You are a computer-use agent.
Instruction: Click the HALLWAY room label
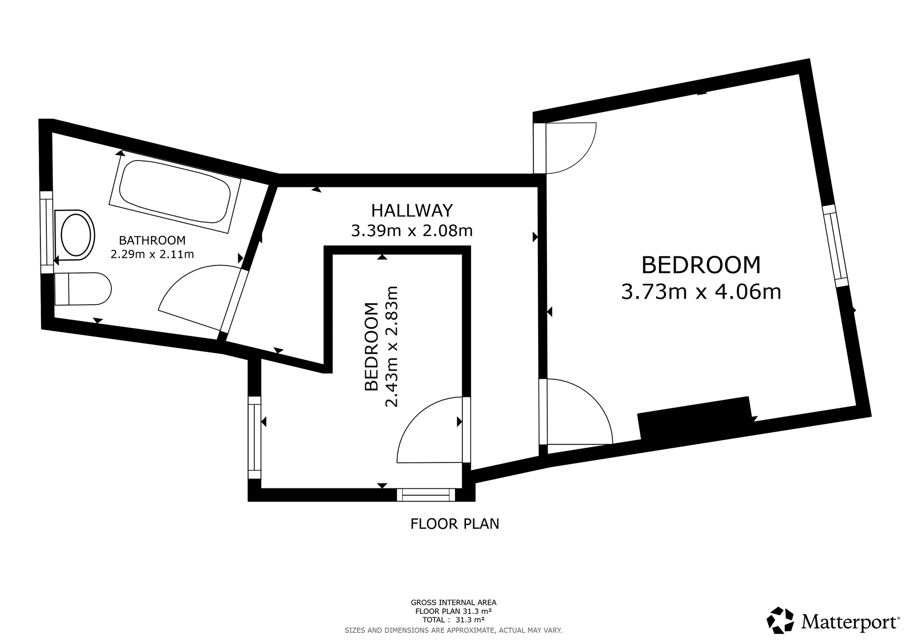coord(412,211)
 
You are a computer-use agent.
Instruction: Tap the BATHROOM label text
coord(152,240)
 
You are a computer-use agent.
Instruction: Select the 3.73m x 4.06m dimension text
coord(701,291)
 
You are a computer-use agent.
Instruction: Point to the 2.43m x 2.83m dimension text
coord(391,347)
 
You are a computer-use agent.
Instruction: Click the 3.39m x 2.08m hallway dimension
coord(412,231)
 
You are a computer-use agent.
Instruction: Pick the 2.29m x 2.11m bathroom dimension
coord(152,254)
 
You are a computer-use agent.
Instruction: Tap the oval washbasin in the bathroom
coord(75,235)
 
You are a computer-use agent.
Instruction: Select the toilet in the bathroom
coord(82,289)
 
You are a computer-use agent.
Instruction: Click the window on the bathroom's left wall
coord(46,232)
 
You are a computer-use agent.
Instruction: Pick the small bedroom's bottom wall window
coord(426,495)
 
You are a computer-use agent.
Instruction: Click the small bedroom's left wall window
coord(255,437)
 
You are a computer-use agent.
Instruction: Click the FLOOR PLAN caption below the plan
coord(455,524)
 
